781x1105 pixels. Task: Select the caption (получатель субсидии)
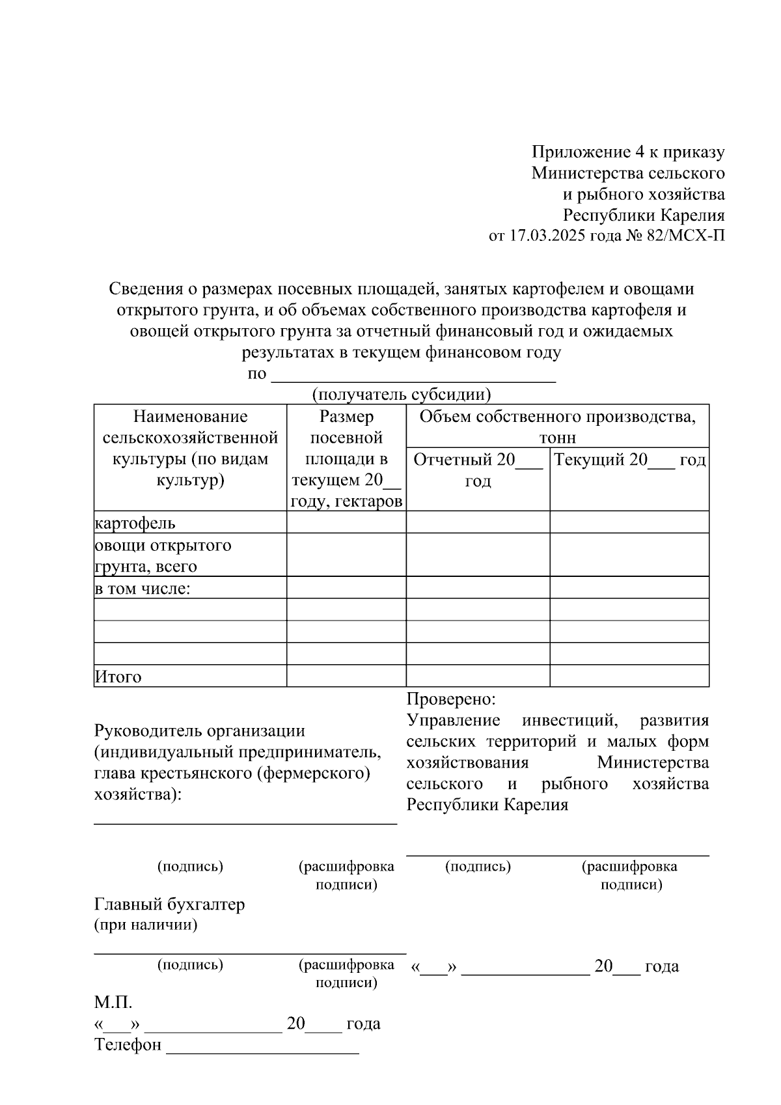pyautogui.click(x=401, y=395)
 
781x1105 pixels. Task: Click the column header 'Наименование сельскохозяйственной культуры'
pyautogui.click(x=190, y=448)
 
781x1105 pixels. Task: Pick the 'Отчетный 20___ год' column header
pyautogui.click(x=478, y=470)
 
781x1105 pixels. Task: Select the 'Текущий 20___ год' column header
pyautogui.click(x=629, y=460)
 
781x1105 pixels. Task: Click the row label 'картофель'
pyautogui.click(x=135, y=523)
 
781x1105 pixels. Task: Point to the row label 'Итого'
pyautogui.click(x=118, y=677)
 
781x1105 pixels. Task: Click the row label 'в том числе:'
pyautogui.click(x=143, y=589)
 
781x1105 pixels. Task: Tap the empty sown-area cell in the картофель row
pyautogui.click(x=346, y=522)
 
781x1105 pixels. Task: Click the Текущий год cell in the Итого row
pyautogui.click(x=629, y=676)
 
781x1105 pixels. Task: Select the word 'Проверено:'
pyautogui.click(x=451, y=699)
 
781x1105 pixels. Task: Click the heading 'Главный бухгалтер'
pyautogui.click(x=170, y=904)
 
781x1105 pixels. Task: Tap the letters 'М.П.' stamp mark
pyautogui.click(x=113, y=1003)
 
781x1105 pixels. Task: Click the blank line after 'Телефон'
pyautogui.click(x=263, y=1047)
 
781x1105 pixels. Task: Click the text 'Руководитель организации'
pyautogui.click(x=200, y=731)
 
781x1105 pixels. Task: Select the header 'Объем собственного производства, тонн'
pyautogui.click(x=557, y=427)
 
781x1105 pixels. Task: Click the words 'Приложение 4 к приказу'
pyautogui.click(x=628, y=152)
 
